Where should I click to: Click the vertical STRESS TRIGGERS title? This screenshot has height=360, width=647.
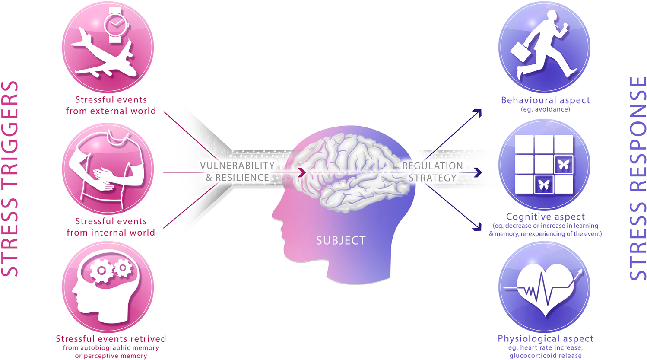coord(10,179)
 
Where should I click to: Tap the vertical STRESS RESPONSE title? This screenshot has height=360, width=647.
coord(638,179)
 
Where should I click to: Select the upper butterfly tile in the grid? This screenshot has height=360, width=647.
coord(564,165)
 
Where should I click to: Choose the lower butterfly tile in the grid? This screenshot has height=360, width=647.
coord(544,185)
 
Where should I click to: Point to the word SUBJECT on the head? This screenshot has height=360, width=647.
coord(341,241)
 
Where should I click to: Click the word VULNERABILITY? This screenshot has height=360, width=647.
coord(237,166)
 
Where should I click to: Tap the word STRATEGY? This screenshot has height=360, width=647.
coord(432,178)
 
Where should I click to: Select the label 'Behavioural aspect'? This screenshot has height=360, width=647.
coord(545,100)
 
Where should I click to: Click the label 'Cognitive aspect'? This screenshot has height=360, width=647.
coord(545,217)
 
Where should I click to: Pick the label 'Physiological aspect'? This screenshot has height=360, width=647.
coord(545,338)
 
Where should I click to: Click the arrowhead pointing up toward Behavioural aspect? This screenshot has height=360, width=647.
coord(478,113)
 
